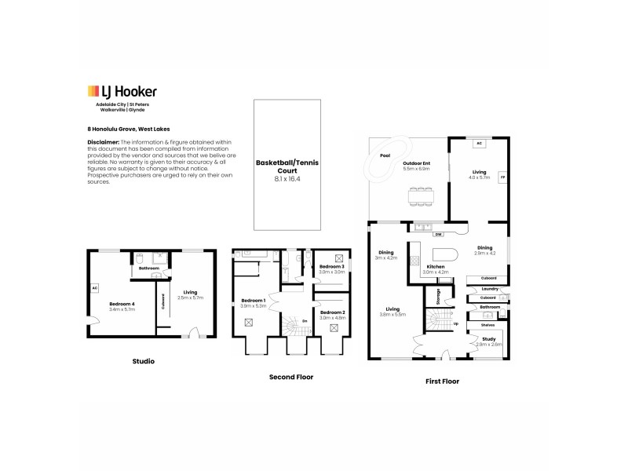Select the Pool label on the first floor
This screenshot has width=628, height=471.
pos(385,155)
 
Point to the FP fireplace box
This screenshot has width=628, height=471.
pos(502,177)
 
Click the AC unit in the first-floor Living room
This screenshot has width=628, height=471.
pos(479,144)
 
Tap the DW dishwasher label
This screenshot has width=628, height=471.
pos(438,234)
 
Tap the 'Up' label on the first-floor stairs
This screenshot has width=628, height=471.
pos(455,323)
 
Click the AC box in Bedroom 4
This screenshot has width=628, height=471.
pos(95,288)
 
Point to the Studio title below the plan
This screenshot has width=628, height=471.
pos(143,362)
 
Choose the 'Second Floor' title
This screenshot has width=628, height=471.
pos(291,377)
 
